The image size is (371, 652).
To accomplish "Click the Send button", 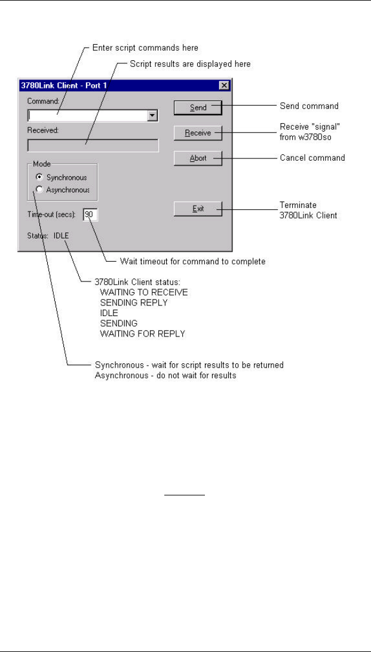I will [198, 108].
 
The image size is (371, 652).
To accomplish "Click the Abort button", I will [198, 158].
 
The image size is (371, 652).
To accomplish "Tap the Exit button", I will [198, 209].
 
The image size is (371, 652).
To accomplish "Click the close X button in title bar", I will [223, 85].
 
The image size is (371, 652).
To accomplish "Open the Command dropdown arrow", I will [152, 116].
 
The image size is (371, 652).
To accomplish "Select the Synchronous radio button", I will [39, 177].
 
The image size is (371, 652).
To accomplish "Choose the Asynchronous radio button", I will [39, 190].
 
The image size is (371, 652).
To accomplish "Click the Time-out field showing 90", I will [90, 215].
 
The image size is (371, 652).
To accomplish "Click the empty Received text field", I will [93, 146].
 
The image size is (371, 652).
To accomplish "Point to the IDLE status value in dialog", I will [61, 235].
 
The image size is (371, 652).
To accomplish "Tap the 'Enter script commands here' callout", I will [146, 47].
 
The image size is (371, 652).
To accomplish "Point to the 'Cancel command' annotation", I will [312, 158].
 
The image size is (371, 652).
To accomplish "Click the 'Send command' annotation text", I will [309, 106].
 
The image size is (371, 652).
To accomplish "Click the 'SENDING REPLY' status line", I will [134, 302].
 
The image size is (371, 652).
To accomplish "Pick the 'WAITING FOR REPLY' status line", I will [142, 333].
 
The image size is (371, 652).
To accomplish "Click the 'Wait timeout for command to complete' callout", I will [192, 261].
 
